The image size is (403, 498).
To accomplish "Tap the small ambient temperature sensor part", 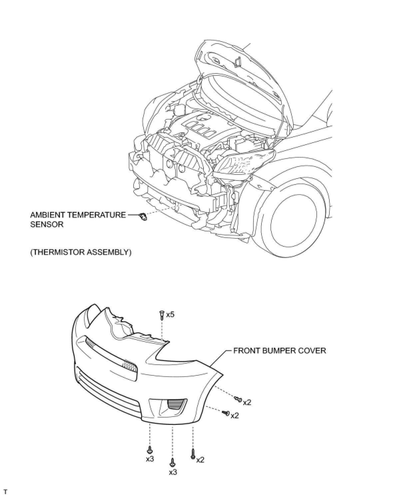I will [144, 217].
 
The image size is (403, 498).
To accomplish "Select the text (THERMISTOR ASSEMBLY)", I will [81, 252].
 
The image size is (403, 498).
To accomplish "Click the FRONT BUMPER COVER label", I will [279, 350].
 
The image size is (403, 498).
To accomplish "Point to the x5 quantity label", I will [170, 314].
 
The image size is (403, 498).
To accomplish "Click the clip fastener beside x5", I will [162, 314].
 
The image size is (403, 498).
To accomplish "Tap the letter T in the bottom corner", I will [5, 491].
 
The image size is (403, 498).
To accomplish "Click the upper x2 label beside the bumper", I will [247, 403].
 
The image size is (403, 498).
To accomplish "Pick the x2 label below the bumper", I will [200, 460].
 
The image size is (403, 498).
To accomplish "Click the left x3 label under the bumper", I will [150, 459].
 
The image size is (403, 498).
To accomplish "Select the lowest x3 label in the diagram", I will [173, 472].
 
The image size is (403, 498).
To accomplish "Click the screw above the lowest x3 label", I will [173, 462].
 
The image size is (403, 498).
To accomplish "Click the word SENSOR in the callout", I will [47, 224].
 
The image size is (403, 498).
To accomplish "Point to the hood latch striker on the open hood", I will [237, 62].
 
